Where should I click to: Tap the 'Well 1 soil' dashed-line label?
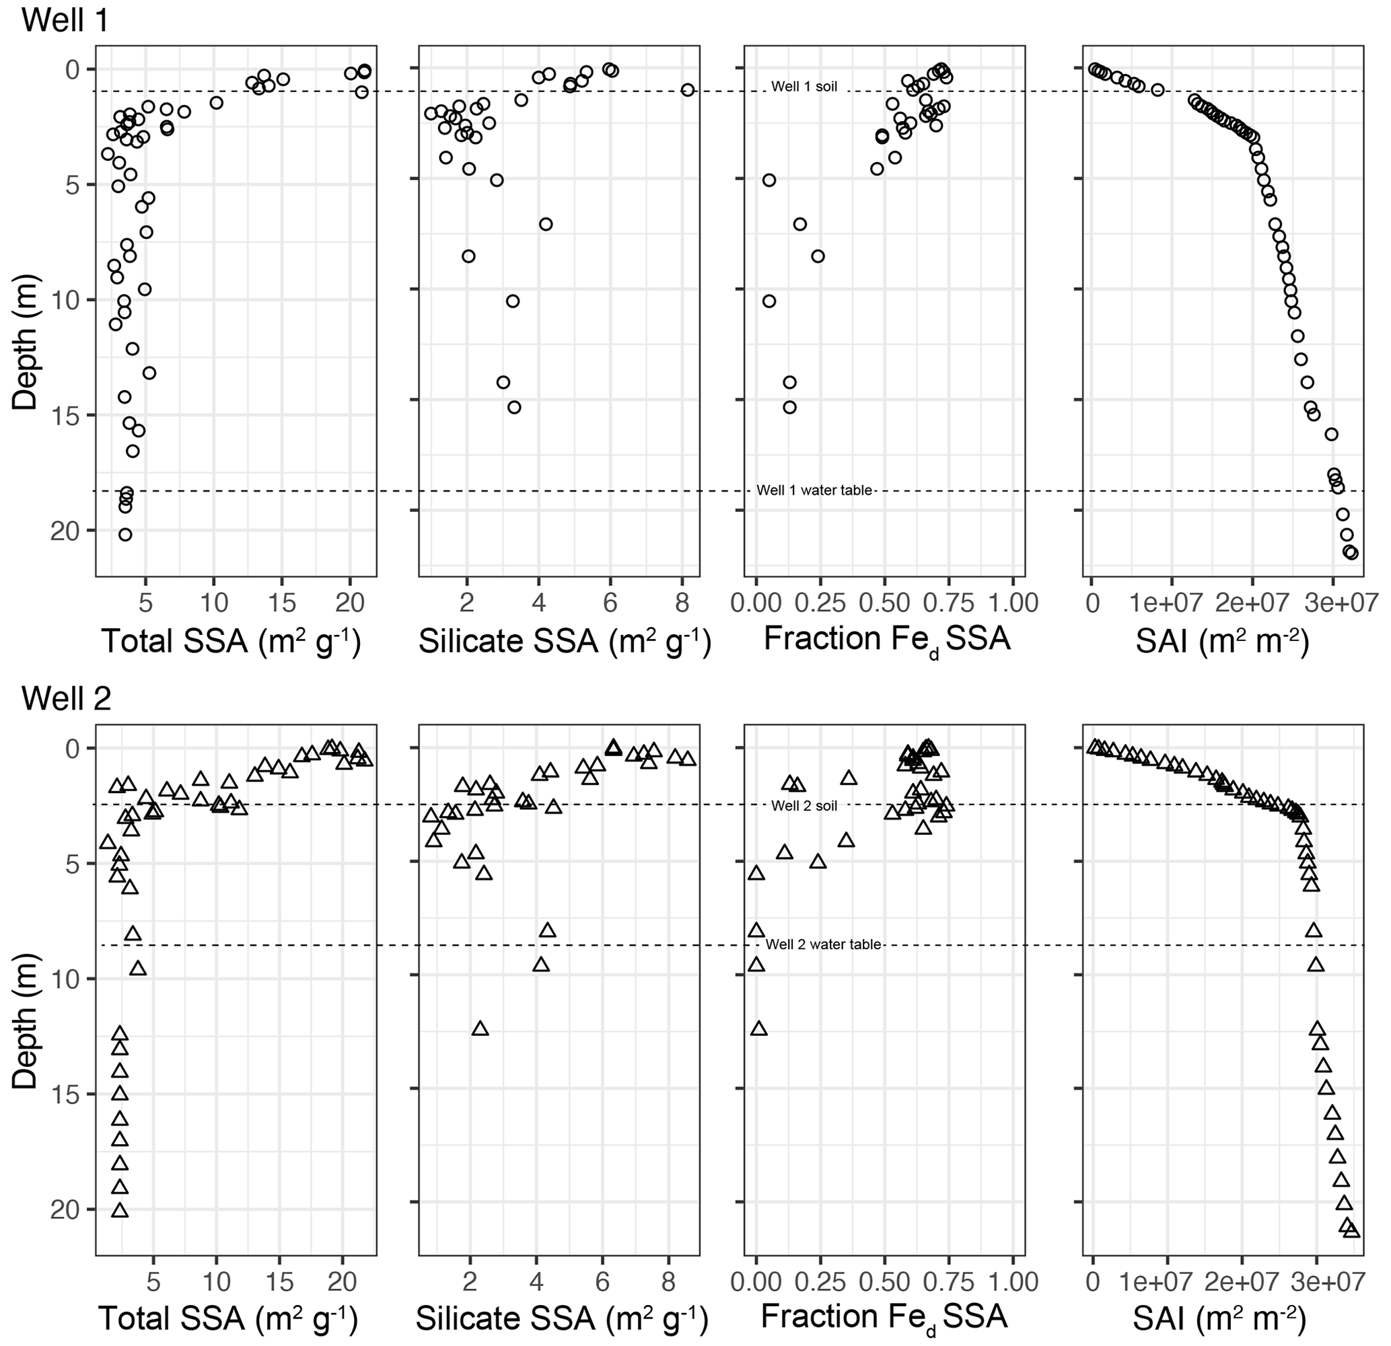(804, 87)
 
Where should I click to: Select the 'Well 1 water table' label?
(814, 490)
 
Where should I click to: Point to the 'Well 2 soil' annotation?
(804, 806)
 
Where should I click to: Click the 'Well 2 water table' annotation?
(823, 944)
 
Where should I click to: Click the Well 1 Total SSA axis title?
(231, 642)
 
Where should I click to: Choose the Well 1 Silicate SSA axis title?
(564, 642)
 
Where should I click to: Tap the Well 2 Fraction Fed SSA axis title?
(884, 1318)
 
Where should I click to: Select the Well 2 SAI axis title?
(1219, 1318)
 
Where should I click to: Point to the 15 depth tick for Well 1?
(65, 415)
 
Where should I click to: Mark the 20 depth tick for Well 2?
(65, 1211)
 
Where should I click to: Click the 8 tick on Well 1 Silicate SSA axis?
(682, 603)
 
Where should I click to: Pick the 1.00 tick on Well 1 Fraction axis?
(1013, 603)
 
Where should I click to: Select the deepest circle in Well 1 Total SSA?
(125, 534)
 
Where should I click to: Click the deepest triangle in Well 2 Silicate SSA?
(480, 1029)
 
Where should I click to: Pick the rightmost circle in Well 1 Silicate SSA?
(687, 90)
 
